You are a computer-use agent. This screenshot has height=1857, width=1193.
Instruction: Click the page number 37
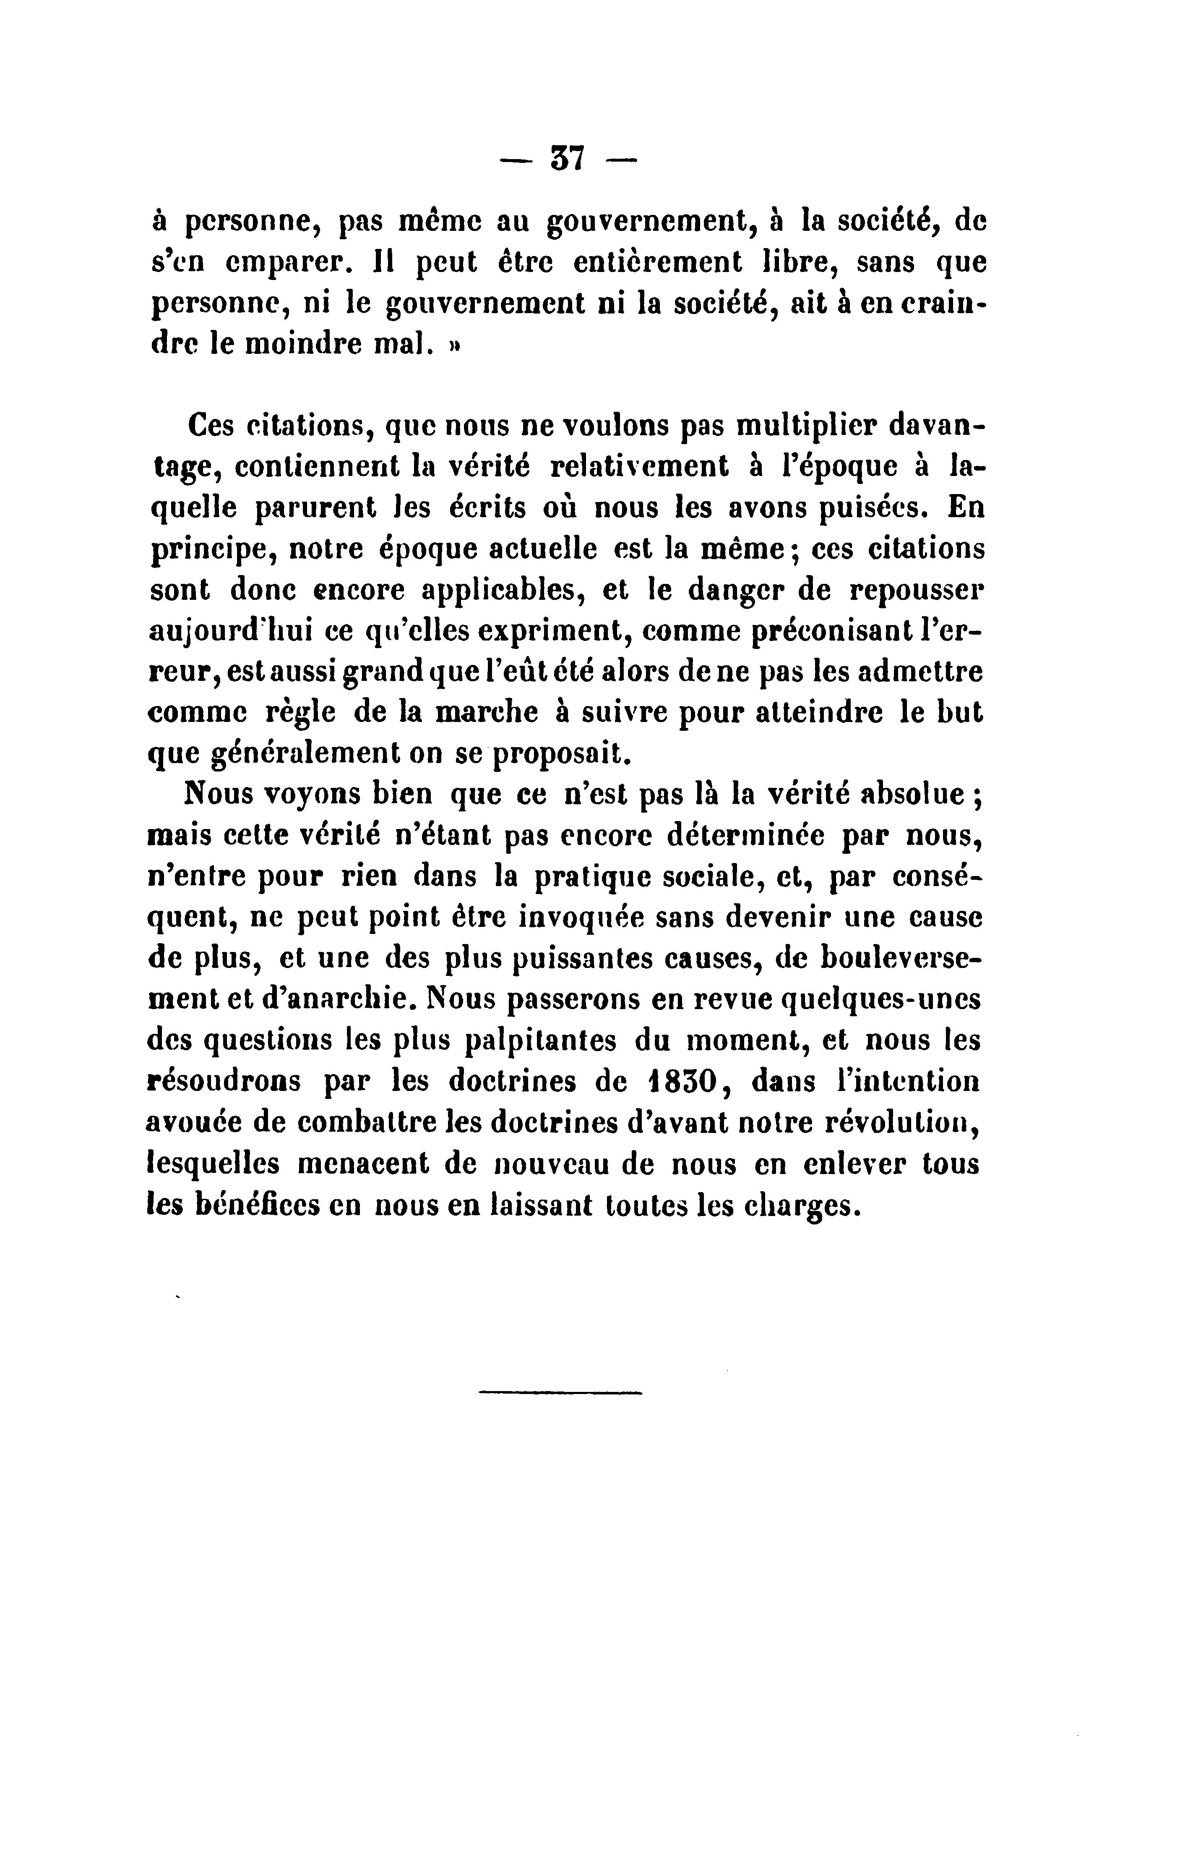point(568,160)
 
